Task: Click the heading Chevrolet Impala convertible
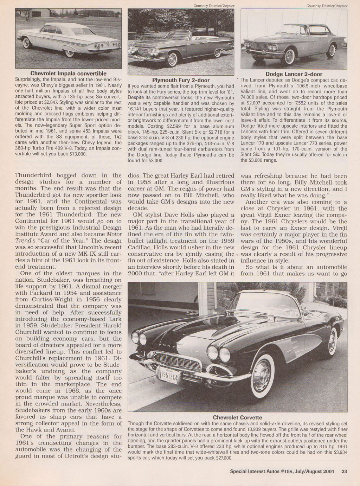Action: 69,73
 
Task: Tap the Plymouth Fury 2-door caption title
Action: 181,80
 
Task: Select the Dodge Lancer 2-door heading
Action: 294,74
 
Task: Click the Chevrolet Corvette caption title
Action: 237,417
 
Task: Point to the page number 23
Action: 344,472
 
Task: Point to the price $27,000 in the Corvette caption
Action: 222,458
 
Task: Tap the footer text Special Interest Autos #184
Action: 266,472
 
